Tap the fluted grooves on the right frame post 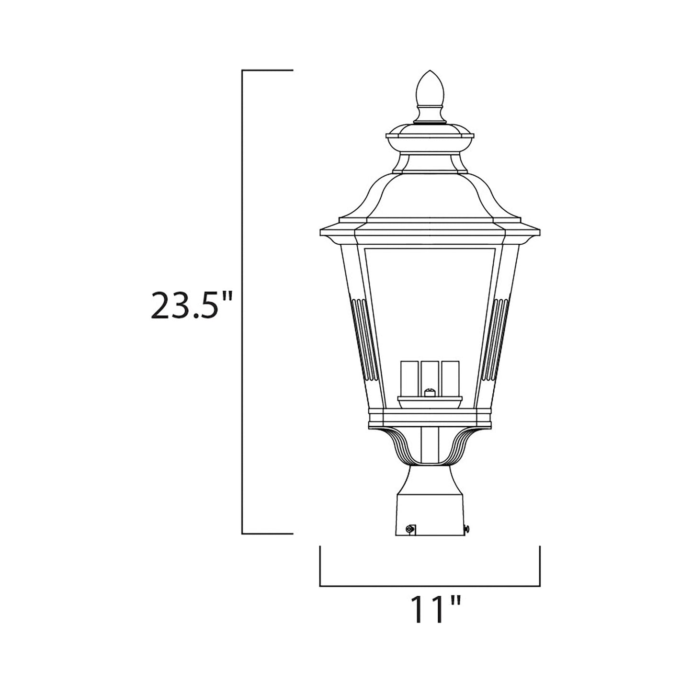click(500, 338)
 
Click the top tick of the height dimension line click(267, 70)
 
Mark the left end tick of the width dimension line click(320, 565)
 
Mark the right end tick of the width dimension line click(540, 565)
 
